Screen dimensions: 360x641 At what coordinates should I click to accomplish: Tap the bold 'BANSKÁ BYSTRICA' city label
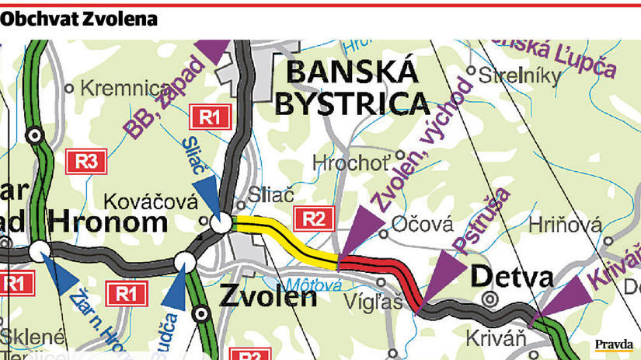[x=351, y=87]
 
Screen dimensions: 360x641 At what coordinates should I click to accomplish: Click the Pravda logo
[x=614, y=344]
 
